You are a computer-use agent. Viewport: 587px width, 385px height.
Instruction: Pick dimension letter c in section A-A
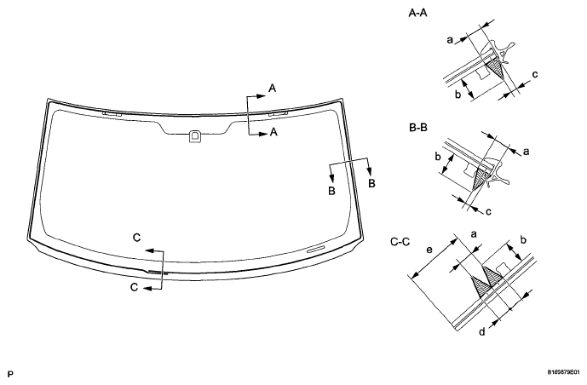coord(534,75)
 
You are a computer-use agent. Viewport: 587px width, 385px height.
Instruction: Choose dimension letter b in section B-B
coord(439,157)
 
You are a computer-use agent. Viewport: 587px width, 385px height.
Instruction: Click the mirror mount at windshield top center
coord(195,135)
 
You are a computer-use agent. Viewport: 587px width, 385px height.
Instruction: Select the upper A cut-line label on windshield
coord(272,88)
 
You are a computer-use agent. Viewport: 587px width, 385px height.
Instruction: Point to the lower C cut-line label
coord(135,289)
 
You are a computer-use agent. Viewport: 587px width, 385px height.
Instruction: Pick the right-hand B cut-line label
coord(371,184)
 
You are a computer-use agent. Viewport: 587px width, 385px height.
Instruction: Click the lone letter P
coord(9,373)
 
